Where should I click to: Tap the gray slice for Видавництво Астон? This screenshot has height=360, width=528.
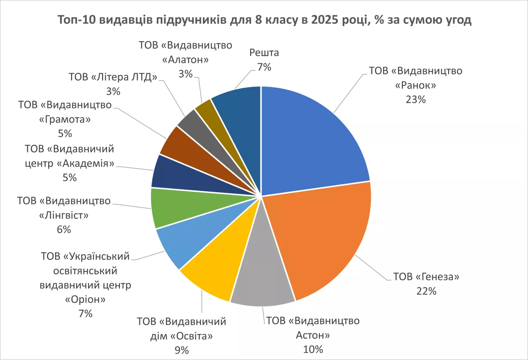(x=262, y=278)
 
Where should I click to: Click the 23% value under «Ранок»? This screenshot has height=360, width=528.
(x=416, y=100)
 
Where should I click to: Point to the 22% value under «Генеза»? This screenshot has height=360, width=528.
(x=426, y=291)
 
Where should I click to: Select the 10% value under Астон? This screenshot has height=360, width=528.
(x=313, y=349)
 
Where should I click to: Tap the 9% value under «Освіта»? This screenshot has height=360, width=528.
(x=182, y=350)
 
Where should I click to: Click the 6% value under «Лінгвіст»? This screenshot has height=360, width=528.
(x=64, y=229)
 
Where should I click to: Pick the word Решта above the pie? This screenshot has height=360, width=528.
(x=264, y=53)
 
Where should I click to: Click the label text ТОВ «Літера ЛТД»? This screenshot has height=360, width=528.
(x=113, y=77)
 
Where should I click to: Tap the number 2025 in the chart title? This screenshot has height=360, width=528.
(x=325, y=20)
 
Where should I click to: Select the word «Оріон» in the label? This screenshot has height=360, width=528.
(x=85, y=299)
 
